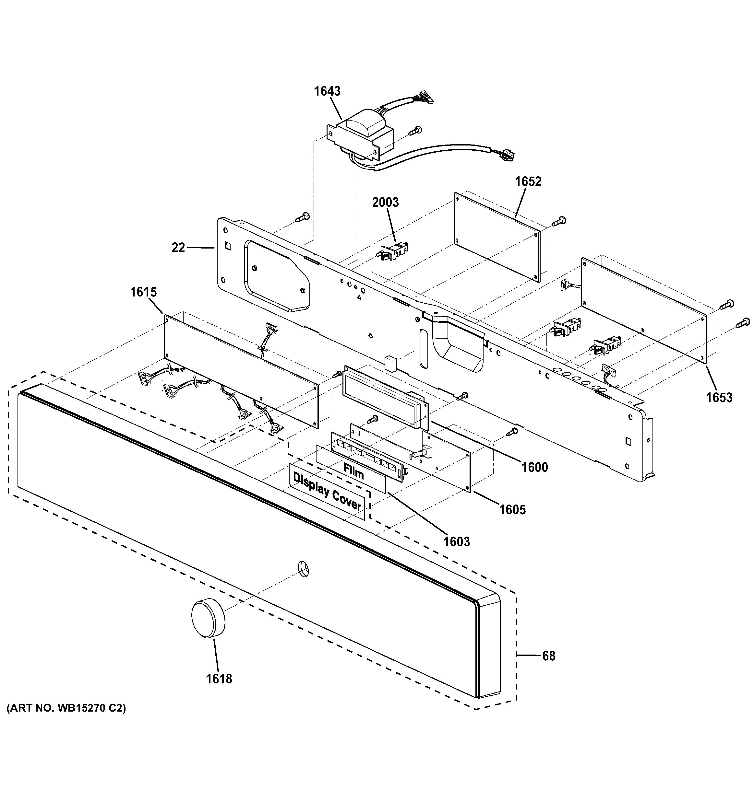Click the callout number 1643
(327, 91)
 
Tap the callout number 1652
(528, 181)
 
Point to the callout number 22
(178, 248)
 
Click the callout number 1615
(143, 292)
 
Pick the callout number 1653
(719, 398)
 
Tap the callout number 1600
(534, 468)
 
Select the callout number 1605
(512, 510)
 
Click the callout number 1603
(457, 541)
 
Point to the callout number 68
(548, 656)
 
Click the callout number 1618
(219, 679)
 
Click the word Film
(353, 471)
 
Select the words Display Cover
(327, 491)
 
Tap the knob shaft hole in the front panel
(304, 568)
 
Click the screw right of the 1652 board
(560, 221)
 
